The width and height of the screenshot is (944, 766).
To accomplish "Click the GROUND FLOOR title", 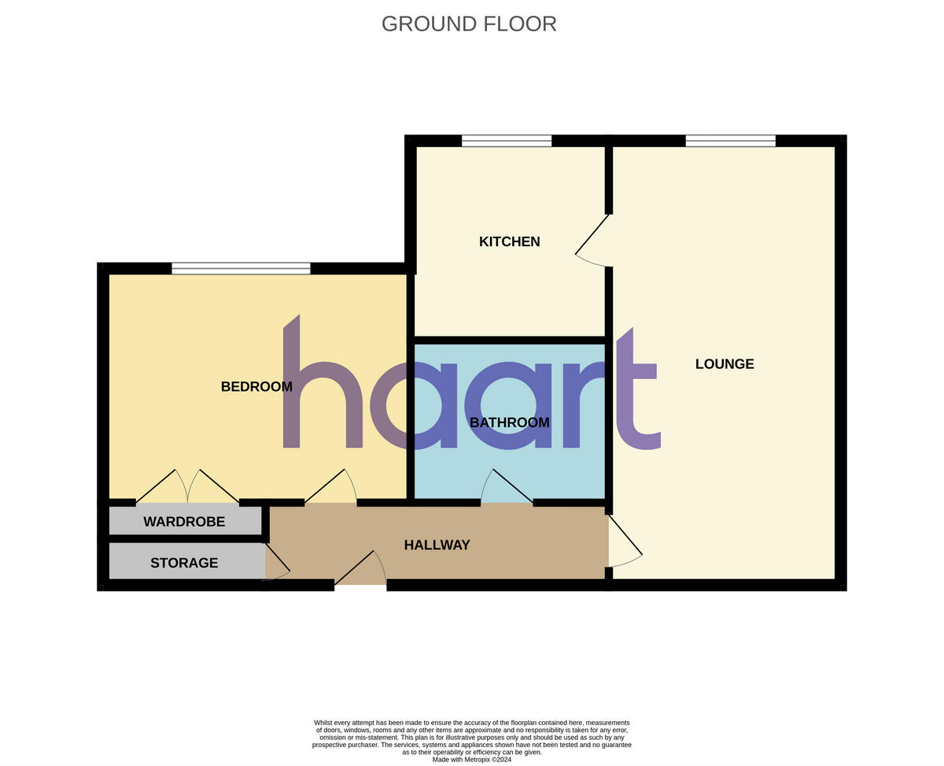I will pos(469,24).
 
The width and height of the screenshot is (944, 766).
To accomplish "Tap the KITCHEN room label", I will pos(509,241).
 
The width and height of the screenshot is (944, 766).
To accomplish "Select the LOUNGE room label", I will pos(724,364).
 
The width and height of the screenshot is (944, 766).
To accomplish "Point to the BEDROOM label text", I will pos(256,387).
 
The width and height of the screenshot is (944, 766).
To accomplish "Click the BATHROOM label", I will pos(509,422).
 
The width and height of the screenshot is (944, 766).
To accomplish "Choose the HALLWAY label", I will pos(437,545).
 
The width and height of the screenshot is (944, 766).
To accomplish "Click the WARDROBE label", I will pos(184,521).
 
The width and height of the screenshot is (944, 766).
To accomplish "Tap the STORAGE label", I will pos(184,563).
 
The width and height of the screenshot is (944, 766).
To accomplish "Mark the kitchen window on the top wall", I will pos(506,141).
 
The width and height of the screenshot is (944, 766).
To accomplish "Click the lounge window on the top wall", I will pos(730,141).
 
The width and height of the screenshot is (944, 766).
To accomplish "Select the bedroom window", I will pos(241,268).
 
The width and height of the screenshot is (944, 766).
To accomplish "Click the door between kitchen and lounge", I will pos(594,240).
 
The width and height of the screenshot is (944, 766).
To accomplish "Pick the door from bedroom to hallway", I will pos(330,486).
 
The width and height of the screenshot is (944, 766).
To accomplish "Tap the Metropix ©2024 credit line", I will pos(471,760).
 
